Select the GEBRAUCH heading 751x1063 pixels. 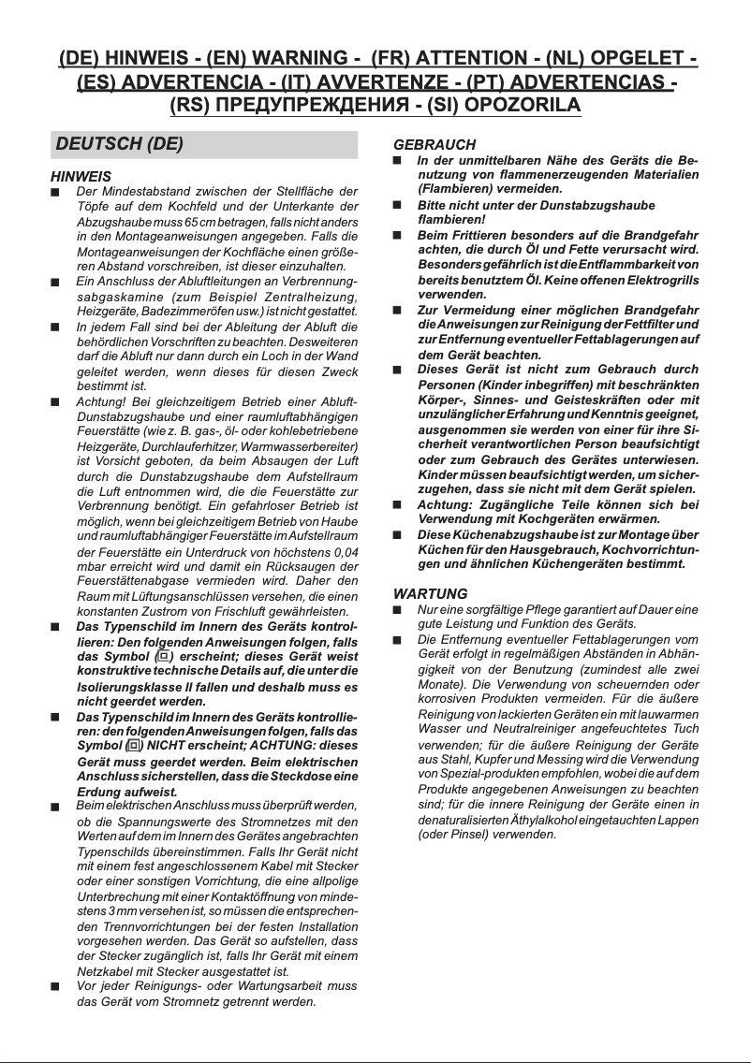[434, 145]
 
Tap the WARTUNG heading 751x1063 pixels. [430, 594]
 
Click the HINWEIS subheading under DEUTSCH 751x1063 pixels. [81, 176]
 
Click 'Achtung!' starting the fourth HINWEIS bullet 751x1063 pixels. [101, 401]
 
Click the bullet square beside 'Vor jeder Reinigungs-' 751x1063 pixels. [55, 986]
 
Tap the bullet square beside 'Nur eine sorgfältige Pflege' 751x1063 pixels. [397, 610]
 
